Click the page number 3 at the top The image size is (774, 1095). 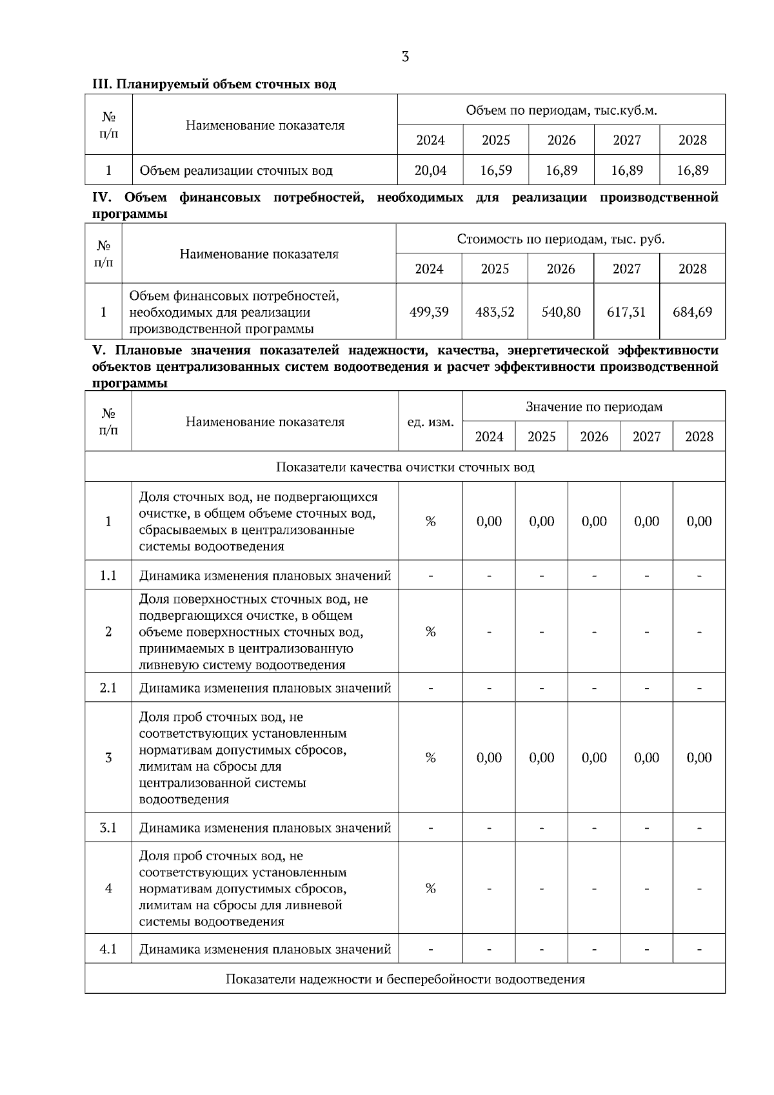pos(405,57)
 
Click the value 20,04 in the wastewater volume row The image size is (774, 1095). pos(430,170)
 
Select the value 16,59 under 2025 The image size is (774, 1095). pos(496,170)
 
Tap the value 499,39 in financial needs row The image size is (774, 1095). pos(429,312)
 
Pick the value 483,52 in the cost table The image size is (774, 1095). pos(495,312)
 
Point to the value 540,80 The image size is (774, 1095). pos(561,312)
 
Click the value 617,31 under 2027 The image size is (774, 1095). pos(626,312)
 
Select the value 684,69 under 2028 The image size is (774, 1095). pos(692,312)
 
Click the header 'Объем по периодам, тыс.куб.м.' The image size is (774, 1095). pos(561,110)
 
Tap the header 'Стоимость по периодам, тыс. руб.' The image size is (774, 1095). pos(561,239)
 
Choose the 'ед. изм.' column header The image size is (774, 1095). pos(430,422)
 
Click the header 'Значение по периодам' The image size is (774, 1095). pos(593,407)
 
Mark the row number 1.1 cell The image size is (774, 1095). pos(108,575)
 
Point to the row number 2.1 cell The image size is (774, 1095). pos(108,687)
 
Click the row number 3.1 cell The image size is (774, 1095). pos(108,827)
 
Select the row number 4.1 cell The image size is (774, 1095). pos(108,949)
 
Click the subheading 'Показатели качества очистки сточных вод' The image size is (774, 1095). pos(405,467)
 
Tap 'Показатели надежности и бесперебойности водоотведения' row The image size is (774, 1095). pos(405,979)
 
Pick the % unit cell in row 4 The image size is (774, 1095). pos(430,889)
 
